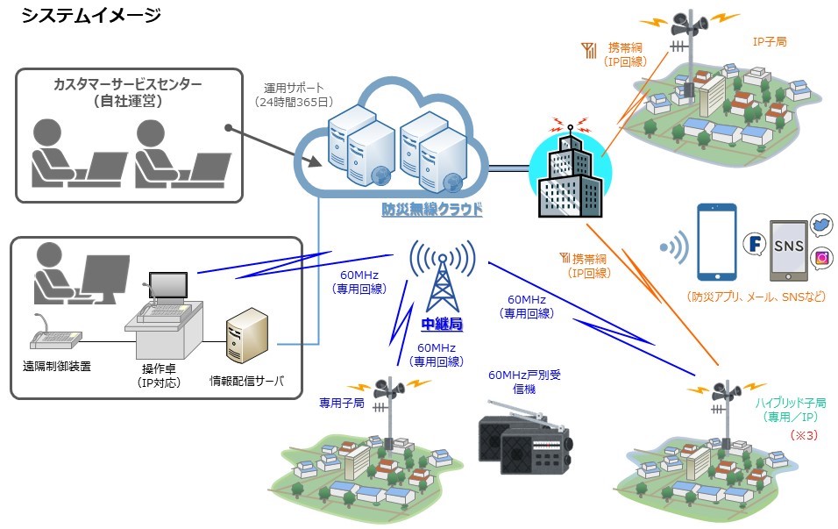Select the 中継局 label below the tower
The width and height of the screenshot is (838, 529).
[442, 325]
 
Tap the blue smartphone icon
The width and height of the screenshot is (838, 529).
[717, 241]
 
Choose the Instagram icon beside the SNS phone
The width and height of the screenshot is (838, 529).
[822, 257]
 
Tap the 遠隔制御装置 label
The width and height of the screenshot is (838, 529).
[56, 366]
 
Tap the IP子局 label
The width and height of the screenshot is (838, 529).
[770, 41]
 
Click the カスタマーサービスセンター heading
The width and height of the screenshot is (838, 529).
[127, 85]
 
